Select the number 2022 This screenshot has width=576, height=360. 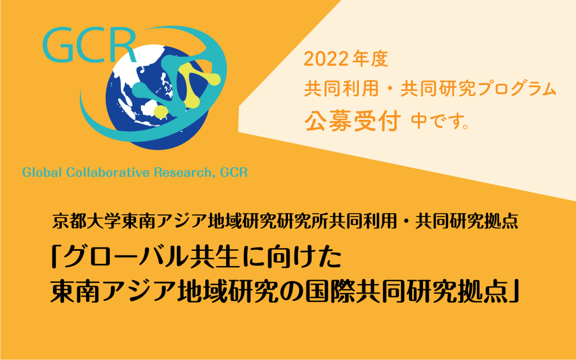click(326, 59)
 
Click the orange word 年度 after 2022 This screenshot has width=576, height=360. click(370, 59)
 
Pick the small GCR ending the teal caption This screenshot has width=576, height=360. click(233, 172)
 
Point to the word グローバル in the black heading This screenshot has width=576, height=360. click(125, 257)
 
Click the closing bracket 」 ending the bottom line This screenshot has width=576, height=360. click(514, 292)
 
